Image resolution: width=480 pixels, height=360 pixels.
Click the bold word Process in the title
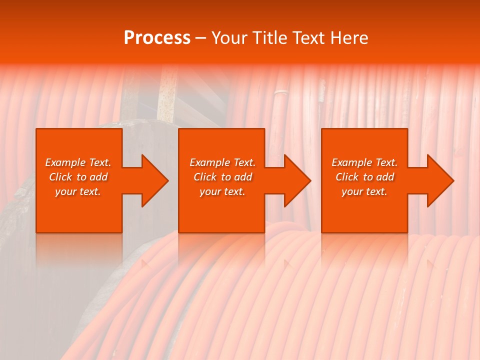click(157, 38)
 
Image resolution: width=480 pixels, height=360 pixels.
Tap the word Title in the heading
click(270, 38)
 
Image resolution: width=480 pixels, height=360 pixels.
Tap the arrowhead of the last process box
click(439, 181)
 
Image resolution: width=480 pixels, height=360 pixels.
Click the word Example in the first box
click(65, 162)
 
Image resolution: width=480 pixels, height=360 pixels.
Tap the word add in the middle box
click(243, 177)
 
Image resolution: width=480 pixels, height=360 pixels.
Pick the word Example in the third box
click(352, 162)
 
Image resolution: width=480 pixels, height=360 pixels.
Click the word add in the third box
click(385, 177)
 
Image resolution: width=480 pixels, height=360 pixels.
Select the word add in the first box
click(98, 177)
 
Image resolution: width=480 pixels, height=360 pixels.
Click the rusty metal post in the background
click(167, 95)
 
